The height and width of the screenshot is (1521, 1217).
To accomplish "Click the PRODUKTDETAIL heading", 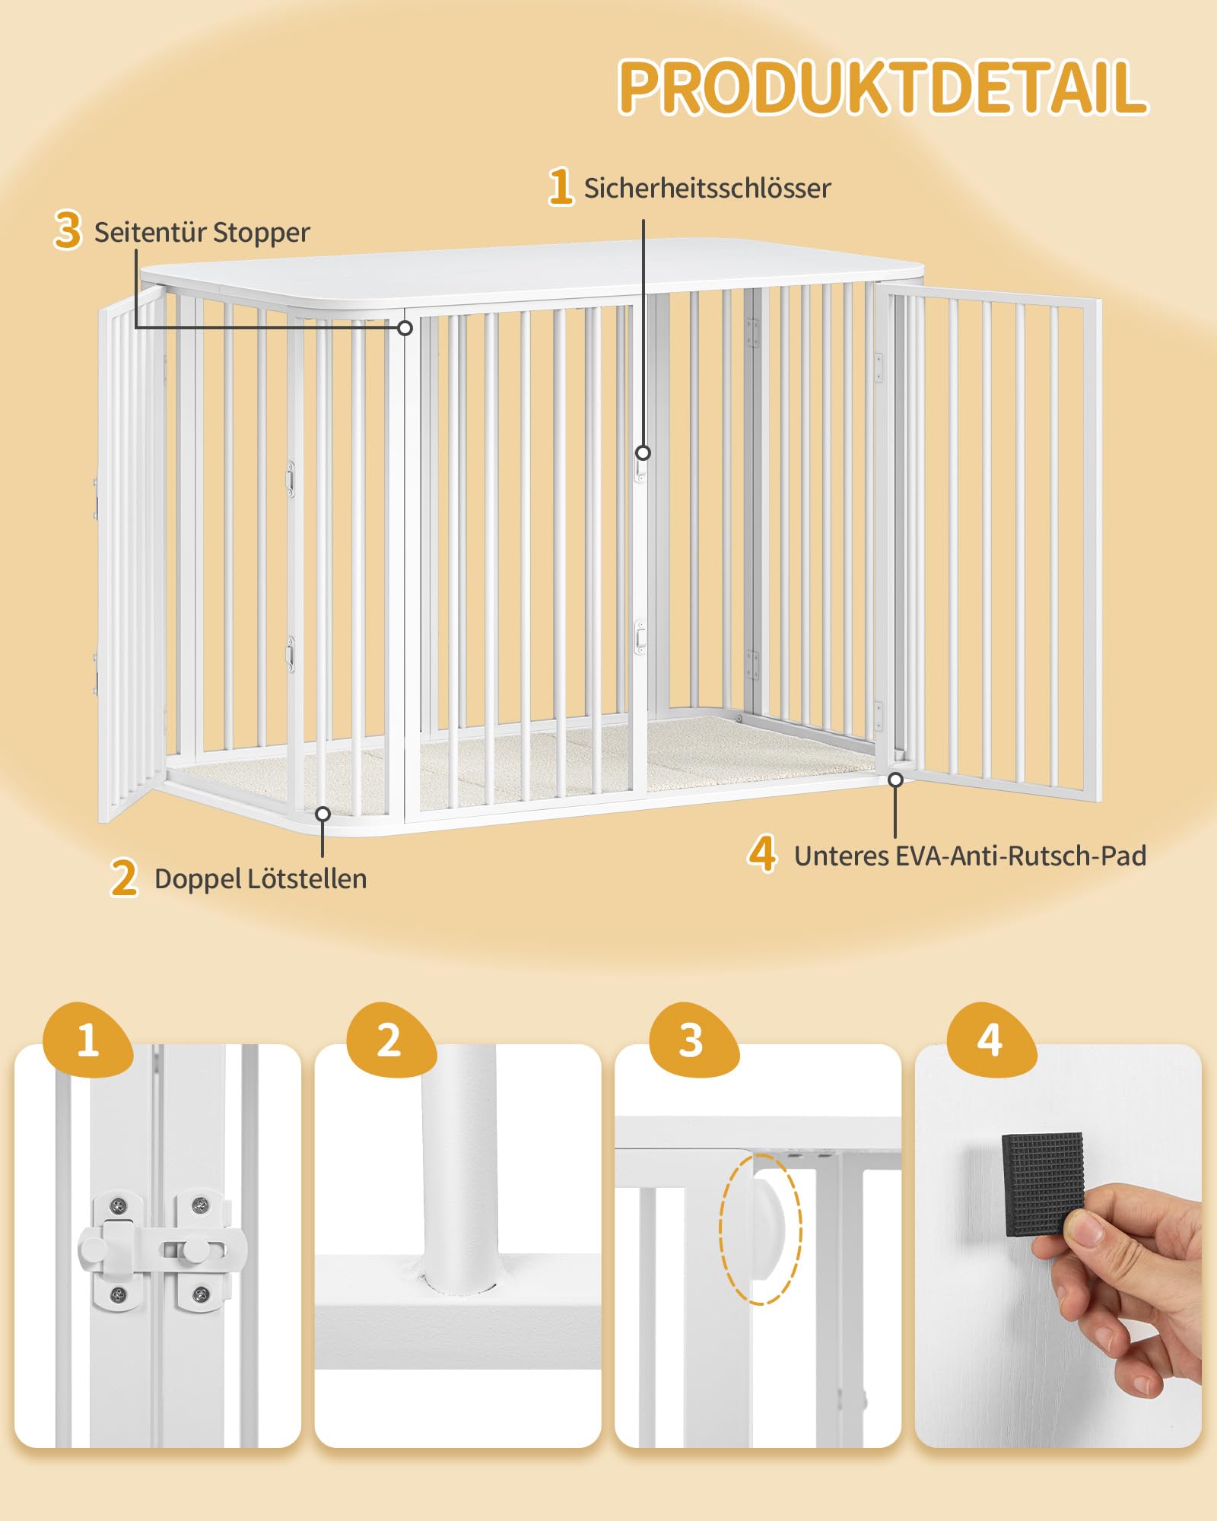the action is click(x=883, y=87).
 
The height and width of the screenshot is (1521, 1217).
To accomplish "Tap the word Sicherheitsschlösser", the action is click(x=707, y=189).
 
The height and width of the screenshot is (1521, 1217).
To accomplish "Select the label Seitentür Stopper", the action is click(x=202, y=232).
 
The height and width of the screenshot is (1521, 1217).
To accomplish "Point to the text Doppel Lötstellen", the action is click(x=260, y=878).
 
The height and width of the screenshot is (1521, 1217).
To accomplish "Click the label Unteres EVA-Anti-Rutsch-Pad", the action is click(x=970, y=856).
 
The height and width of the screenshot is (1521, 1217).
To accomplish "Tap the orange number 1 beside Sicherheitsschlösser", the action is click(x=561, y=187).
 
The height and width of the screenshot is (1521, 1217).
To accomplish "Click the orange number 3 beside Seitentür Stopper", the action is click(x=68, y=230).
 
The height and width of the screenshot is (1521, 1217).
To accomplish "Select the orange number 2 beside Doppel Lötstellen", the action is click(x=124, y=878).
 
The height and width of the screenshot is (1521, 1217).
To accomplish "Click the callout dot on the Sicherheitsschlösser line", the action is click(x=643, y=452).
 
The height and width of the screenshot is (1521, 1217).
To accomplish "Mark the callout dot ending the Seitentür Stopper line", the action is click(x=405, y=328).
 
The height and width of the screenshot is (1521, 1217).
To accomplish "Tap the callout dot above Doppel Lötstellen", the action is click(x=323, y=814).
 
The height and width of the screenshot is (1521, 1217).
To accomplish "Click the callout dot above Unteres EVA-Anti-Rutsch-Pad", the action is click(x=896, y=780).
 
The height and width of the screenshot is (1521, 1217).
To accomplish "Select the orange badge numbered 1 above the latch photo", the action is click(x=88, y=1040).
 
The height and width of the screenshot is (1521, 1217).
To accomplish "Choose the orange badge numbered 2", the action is click(x=390, y=1040).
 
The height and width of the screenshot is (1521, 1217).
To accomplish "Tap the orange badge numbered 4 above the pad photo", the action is click(x=990, y=1040).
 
